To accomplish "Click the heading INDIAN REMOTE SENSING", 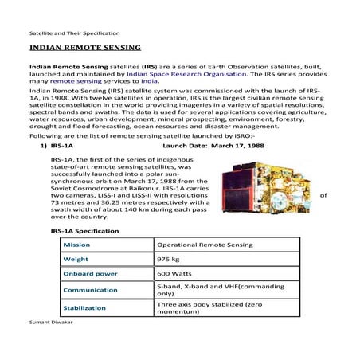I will [75, 49].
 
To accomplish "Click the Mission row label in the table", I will [76, 245].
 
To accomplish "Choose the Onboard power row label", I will [90, 273].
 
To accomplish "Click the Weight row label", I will [76, 259].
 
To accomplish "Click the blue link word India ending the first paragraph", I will [150, 81].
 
